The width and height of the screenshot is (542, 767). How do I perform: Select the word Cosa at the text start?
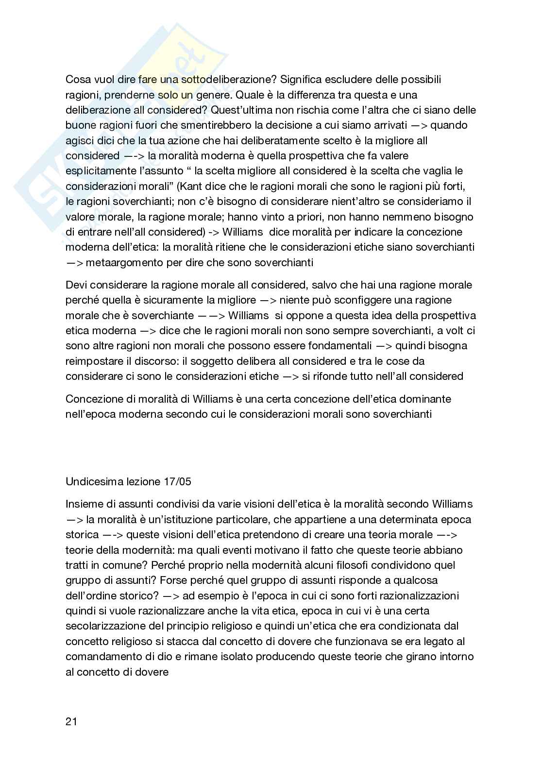(77, 79)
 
